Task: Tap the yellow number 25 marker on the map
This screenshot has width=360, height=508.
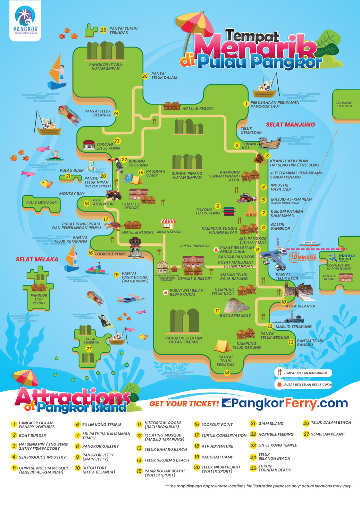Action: point(103,30)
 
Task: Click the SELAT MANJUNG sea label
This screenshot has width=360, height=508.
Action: point(290,125)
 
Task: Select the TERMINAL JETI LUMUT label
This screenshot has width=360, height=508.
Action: point(343,104)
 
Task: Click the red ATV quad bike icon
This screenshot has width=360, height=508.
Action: point(114,195)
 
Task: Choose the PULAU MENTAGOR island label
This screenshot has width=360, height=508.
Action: point(41,202)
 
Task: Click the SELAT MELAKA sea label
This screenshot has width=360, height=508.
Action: point(37,259)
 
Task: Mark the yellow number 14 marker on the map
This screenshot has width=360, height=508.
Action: point(226,373)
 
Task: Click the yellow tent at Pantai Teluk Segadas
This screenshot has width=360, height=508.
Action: point(222,346)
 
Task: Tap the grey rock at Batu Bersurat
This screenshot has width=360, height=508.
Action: point(236,306)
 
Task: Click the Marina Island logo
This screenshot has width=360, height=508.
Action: point(342,258)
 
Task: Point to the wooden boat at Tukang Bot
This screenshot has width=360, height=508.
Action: point(270,143)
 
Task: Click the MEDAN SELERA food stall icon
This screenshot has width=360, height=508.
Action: point(168,224)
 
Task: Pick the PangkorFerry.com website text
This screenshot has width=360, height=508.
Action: point(284,403)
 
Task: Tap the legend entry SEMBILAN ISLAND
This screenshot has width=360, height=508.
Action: point(327,434)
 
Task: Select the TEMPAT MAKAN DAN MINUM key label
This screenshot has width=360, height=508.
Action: point(305,373)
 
